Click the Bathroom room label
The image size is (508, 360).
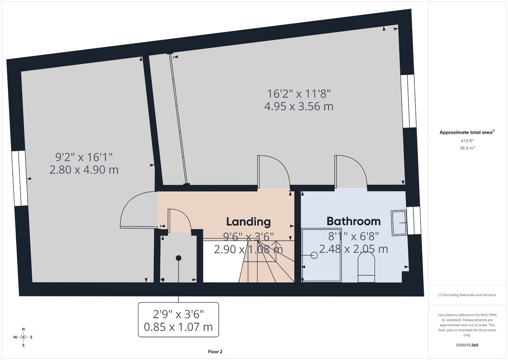tap(354, 221)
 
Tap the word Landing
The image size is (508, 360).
tap(248, 222)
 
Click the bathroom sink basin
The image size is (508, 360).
tap(399, 223)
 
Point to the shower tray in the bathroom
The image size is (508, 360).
tap(321, 255)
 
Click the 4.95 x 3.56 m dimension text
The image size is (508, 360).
tap(299, 106)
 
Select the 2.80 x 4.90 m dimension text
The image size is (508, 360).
tap(84, 170)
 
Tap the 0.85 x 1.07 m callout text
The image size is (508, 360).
tap(178, 327)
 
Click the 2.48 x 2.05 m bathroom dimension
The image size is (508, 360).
tap(354, 249)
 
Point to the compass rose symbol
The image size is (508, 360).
tap(23, 337)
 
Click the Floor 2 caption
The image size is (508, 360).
tap(215, 352)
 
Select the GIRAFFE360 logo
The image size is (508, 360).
tap(467, 345)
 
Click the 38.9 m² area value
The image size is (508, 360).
tap(467, 148)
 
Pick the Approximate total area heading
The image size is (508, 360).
tap(467, 132)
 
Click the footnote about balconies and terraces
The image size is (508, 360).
tap(467, 295)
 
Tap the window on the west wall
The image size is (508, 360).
tap(20, 178)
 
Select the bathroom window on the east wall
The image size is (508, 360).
tap(414, 220)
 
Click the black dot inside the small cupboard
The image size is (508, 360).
tap(178, 258)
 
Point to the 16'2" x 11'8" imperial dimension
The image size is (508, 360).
tap(299, 93)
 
